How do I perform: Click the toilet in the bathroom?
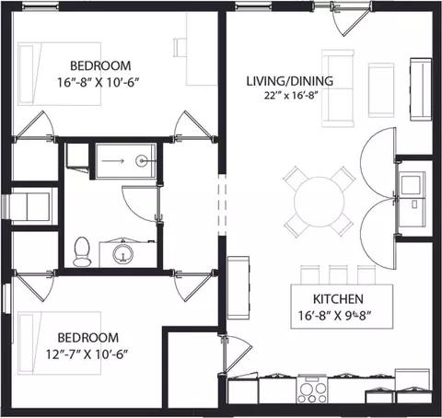tap(82, 251)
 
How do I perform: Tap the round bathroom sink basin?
tap(123, 254)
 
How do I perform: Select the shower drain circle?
tap(141, 160)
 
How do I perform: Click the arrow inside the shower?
tap(112, 161)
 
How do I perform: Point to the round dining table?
tap(319, 202)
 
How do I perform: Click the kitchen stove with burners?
tap(312, 389)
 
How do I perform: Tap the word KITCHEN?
tap(338, 299)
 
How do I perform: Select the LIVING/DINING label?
tap(290, 81)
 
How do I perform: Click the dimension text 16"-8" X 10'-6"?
tap(99, 82)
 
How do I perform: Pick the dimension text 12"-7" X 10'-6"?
tap(87, 354)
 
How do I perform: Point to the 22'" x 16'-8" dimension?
tap(290, 96)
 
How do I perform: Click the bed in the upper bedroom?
tap(59, 74)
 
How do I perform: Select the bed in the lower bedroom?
tap(59, 343)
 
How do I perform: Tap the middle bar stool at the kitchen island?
tap(338, 275)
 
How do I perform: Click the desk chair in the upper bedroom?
tap(180, 47)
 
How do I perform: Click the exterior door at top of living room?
tap(352, 19)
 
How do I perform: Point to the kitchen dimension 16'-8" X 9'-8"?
tap(335, 316)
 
